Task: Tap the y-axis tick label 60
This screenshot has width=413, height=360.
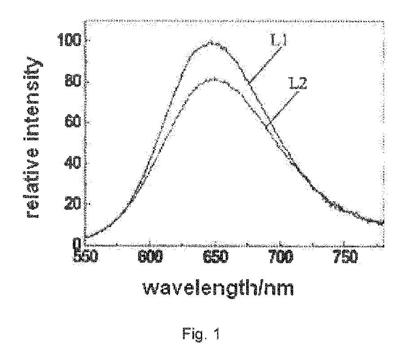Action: pos(73,122)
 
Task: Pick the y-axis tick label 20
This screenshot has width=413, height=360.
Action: pos(73,204)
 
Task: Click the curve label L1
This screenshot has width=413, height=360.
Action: pos(279,40)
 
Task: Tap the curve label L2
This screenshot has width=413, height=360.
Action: pos(298,83)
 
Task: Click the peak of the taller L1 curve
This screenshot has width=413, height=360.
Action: pos(210,41)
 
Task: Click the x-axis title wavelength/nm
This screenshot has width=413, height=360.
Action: pos(218,288)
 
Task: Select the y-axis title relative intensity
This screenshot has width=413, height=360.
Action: pos(34,137)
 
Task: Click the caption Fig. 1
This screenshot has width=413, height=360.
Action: pos(200,334)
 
